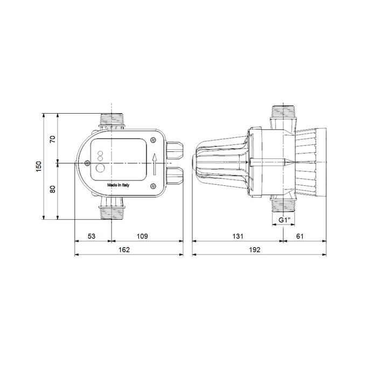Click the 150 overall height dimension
pyautogui.click(x=38, y=166)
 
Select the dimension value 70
pyautogui.click(x=52, y=139)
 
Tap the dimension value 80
pyautogui.click(x=52, y=190)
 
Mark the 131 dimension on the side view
pyautogui.click(x=238, y=236)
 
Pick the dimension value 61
pyautogui.click(x=301, y=236)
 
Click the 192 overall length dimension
pyautogui.click(x=255, y=250)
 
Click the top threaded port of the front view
pyautogui.click(x=113, y=119)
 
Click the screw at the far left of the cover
pyautogui.click(x=87, y=163)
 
